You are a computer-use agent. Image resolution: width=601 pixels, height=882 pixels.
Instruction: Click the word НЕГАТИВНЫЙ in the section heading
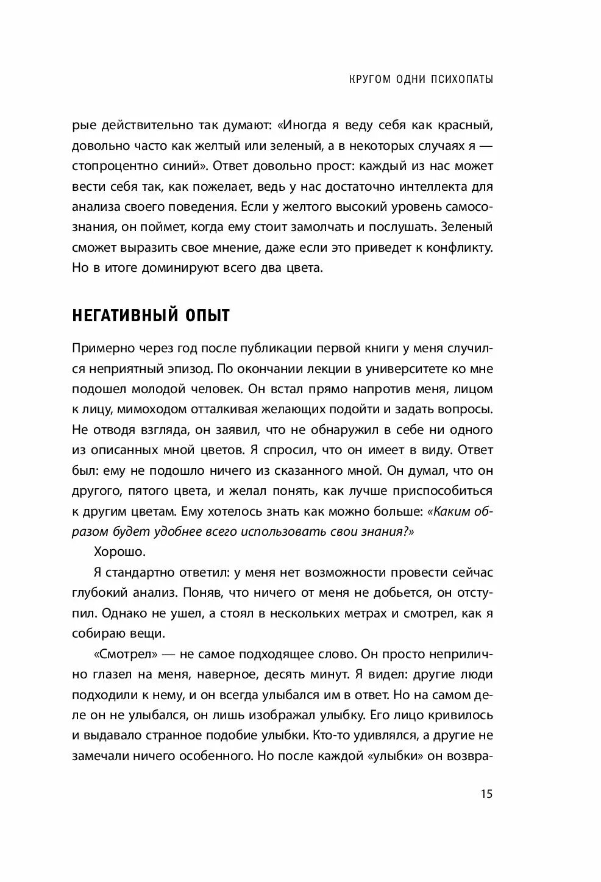click(121, 315)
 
